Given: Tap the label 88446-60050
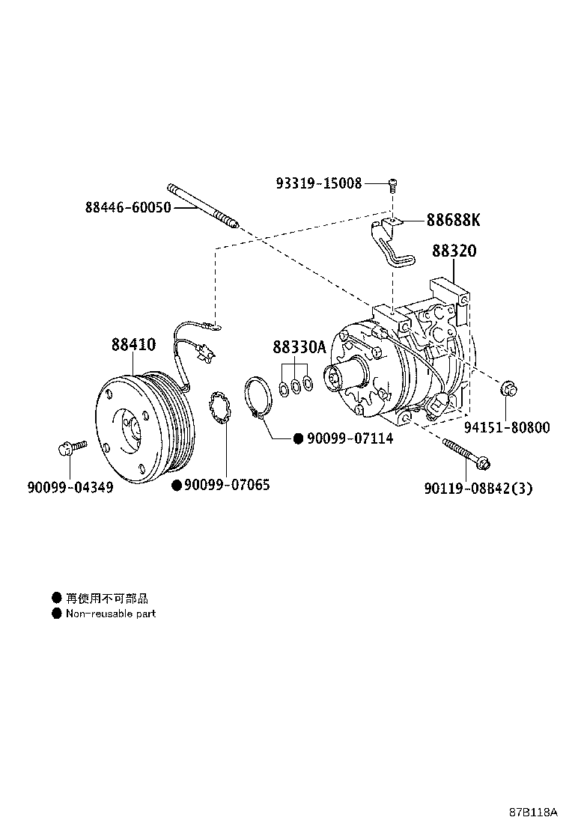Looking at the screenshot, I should pyautogui.click(x=128, y=207).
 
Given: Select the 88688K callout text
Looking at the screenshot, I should pyautogui.click(x=453, y=220).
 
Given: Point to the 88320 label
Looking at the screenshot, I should pyautogui.click(x=454, y=251).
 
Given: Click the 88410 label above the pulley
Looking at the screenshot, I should pyautogui.click(x=134, y=346).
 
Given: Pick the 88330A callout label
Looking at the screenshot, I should pyautogui.click(x=299, y=347).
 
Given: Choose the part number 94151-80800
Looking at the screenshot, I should pyautogui.click(x=507, y=428).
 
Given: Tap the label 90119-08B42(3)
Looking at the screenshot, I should pyautogui.click(x=478, y=489).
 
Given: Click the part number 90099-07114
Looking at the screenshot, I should pyautogui.click(x=349, y=438).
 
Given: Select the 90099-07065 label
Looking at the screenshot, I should pyautogui.click(x=227, y=486).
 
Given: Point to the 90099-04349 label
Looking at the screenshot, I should pyautogui.click(x=70, y=488).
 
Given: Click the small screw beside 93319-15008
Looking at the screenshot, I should pyautogui.click(x=392, y=183).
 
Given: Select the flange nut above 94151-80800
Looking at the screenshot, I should pyautogui.click(x=507, y=389).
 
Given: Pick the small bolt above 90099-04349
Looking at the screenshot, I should pyautogui.click(x=67, y=449).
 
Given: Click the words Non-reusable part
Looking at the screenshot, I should pyautogui.click(x=111, y=614).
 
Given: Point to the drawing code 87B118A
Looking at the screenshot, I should pyautogui.click(x=535, y=811).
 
